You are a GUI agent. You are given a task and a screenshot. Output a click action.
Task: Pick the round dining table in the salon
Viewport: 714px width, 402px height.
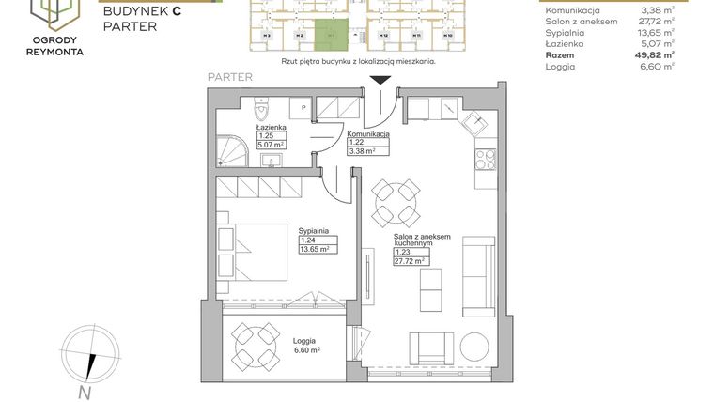(394, 199)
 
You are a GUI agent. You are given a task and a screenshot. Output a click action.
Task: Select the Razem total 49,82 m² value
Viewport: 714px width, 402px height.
(655, 55)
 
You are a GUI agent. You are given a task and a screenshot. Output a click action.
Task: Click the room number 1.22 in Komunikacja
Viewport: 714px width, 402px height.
(357, 141)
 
